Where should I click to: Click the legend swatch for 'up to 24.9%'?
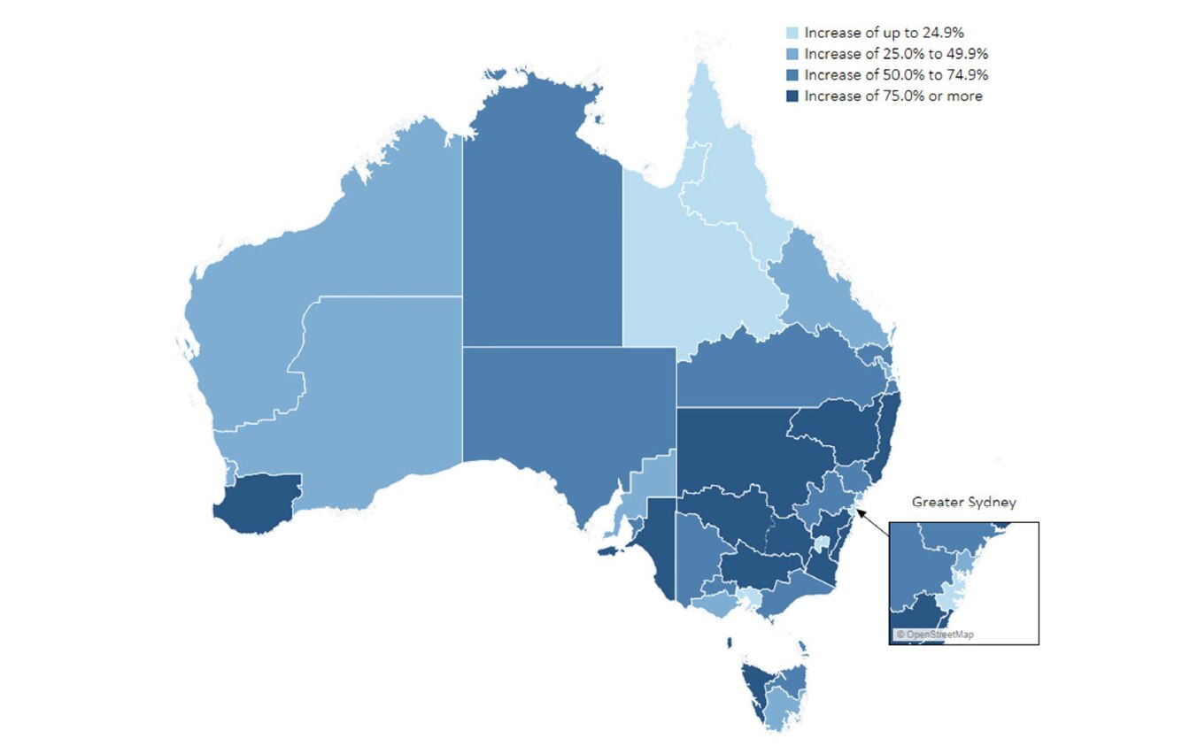[792, 33]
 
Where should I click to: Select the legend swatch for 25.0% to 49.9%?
[792, 54]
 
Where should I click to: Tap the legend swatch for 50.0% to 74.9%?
[792, 75]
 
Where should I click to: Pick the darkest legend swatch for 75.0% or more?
[792, 96]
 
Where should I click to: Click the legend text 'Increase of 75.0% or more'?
[892, 96]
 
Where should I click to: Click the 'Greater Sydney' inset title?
[963, 502]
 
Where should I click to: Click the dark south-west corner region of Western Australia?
[257, 503]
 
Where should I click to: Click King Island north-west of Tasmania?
[730, 642]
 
